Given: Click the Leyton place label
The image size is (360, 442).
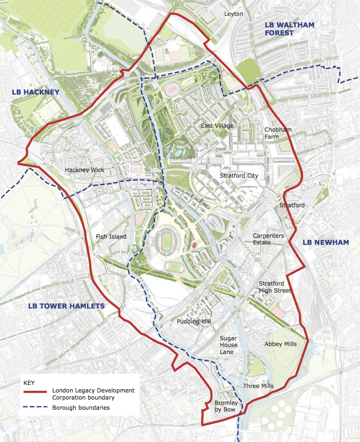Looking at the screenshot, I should pyautogui.click(x=234, y=14).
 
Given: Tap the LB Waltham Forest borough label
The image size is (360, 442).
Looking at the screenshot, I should pyautogui.click(x=289, y=29).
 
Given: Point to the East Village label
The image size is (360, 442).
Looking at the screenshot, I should pyautogui.click(x=217, y=126).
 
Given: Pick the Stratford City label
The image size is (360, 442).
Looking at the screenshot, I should pyautogui.click(x=239, y=175).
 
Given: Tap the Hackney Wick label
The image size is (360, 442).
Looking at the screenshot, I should pyautogui.click(x=83, y=170).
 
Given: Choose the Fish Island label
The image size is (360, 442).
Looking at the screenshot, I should pyautogui.click(x=111, y=236).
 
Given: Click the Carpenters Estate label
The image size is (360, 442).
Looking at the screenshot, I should pyautogui.click(x=269, y=239).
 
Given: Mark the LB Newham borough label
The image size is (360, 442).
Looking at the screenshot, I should pyautogui.click(x=326, y=242).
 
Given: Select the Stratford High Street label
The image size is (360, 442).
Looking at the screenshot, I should pyautogui.click(x=275, y=287).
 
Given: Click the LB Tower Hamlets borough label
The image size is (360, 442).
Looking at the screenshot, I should pyautogui.click(x=66, y=306).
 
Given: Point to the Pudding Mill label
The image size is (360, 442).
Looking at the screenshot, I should pyautogui.click(x=194, y=322).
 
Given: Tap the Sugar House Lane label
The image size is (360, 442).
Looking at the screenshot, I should pyautogui.click(x=229, y=345).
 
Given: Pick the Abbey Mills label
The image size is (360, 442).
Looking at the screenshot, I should pyautogui.click(x=280, y=344).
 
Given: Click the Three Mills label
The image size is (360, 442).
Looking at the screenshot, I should pyautogui.click(x=258, y=386).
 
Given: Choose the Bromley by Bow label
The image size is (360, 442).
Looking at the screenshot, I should pyautogui.click(x=226, y=406).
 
